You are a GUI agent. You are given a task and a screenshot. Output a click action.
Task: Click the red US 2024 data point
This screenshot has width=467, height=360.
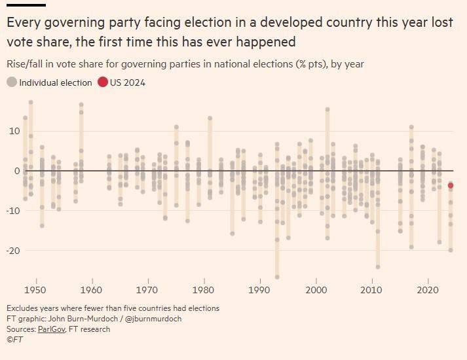point(451,186)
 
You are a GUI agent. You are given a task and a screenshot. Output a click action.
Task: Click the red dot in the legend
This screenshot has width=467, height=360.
point(103,82)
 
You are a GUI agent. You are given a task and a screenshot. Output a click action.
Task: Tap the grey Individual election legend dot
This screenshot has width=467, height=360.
point(12,82)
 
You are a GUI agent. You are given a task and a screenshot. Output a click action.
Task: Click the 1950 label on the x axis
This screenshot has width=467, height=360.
point(36,290)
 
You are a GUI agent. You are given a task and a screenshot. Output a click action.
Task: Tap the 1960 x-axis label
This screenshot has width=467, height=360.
point(92,290)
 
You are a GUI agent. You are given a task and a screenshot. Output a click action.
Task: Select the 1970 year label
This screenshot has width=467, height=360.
point(148,290)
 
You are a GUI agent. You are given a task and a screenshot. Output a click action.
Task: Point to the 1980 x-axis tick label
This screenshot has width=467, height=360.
point(204,290)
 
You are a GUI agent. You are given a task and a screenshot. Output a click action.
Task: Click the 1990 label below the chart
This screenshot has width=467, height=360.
point(260,290)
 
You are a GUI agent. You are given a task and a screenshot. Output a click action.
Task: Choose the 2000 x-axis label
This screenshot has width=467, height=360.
point(316,290)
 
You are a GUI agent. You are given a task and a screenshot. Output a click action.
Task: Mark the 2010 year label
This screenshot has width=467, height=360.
point(372,290)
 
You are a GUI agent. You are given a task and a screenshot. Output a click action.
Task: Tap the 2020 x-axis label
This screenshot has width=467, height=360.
point(428,290)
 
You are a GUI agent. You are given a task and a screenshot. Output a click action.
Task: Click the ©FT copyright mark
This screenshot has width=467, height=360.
point(14,340)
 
